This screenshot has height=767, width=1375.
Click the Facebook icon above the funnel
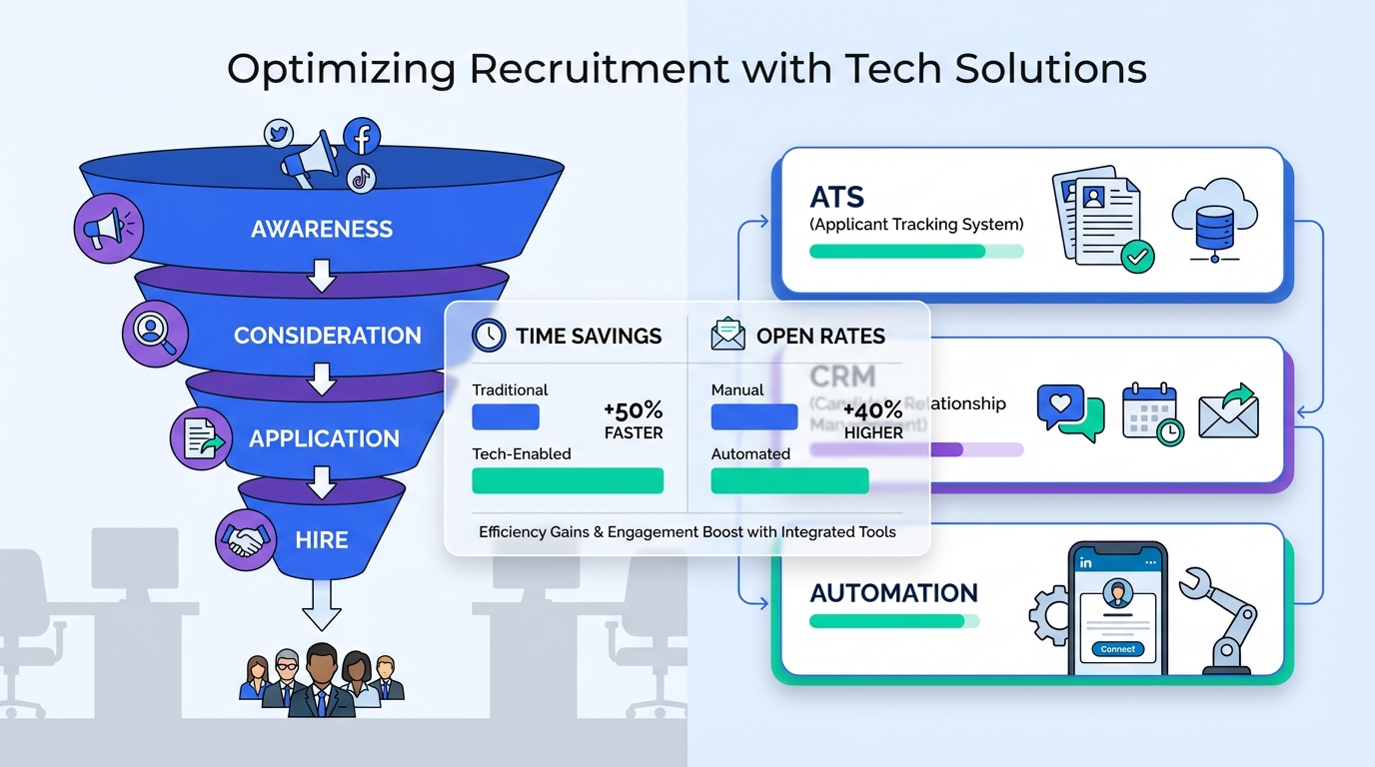[x=362, y=136]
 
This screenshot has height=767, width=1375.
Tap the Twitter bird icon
[x=279, y=133]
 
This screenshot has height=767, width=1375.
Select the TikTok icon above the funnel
[x=361, y=179]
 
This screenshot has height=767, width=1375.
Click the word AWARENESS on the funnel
[x=322, y=230]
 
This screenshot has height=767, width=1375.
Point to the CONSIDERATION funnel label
[x=328, y=336]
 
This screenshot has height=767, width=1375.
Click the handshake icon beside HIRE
[x=246, y=541]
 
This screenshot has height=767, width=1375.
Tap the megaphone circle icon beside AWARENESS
[x=108, y=229]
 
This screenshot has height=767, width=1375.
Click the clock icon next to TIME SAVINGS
[x=489, y=336]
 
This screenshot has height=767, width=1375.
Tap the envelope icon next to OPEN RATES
[x=727, y=336]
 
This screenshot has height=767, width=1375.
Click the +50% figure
[x=634, y=410]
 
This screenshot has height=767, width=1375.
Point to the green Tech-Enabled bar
[x=568, y=480]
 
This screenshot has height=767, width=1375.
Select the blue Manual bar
[x=753, y=416]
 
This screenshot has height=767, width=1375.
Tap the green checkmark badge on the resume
[x=1136, y=257]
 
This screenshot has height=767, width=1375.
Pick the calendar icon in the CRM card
[x=1152, y=411]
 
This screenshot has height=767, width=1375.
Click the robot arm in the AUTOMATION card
[x=1224, y=619]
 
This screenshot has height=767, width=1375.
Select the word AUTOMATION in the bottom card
[x=893, y=593]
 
